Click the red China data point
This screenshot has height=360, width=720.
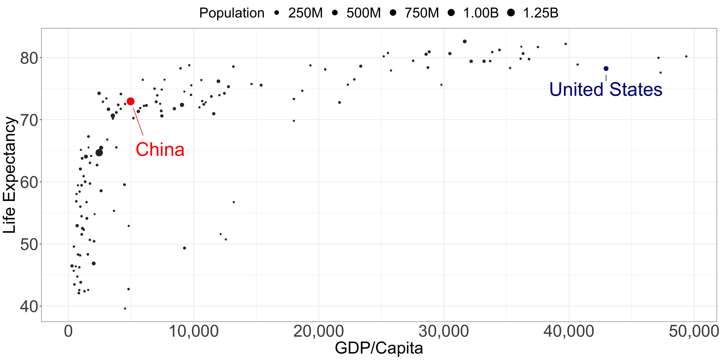(x=131, y=101)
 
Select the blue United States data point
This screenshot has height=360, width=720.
(x=606, y=69)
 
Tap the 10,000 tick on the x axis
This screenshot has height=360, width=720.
(x=194, y=331)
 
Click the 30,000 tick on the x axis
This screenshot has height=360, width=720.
(x=444, y=331)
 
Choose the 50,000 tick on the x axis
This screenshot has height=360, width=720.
(x=694, y=331)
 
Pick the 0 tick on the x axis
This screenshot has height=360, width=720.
(x=69, y=331)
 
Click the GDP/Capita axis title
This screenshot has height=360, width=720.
(x=379, y=348)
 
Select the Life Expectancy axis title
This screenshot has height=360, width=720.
(x=10, y=175)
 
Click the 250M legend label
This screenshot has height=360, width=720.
(x=305, y=13)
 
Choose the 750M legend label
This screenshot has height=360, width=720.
(x=421, y=13)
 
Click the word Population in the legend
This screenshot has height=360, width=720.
(x=232, y=13)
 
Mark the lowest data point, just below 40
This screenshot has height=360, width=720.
(x=125, y=309)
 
